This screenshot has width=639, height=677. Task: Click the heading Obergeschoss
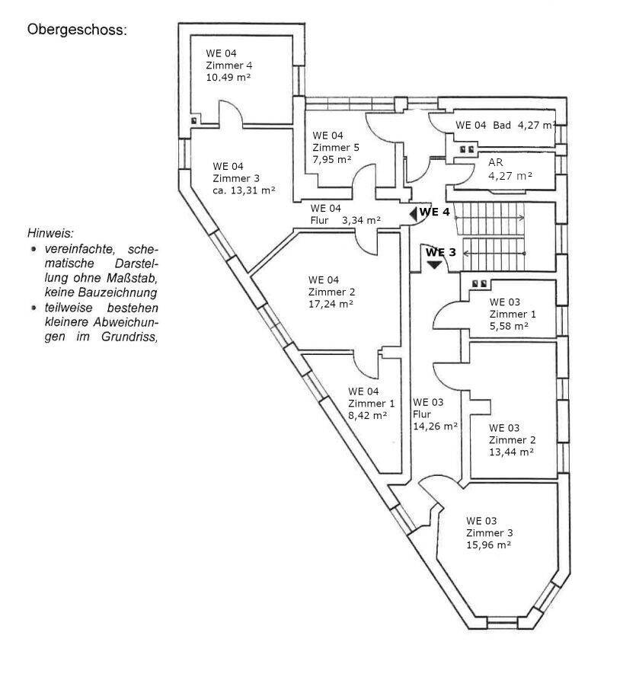(x=76, y=30)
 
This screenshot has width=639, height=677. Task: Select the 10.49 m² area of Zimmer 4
(x=227, y=77)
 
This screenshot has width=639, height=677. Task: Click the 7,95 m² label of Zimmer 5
(x=331, y=158)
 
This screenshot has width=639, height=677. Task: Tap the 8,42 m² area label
(x=368, y=415)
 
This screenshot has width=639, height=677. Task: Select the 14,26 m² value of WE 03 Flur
(x=435, y=426)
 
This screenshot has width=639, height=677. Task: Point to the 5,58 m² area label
(x=509, y=325)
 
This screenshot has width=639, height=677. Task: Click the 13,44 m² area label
(x=511, y=451)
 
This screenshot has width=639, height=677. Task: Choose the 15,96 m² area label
(x=488, y=544)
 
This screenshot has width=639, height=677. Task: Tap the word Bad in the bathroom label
(x=501, y=125)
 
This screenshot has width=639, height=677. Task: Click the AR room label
(x=496, y=162)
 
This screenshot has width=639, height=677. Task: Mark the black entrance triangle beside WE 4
(x=413, y=214)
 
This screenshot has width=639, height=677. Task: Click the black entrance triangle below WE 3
(x=434, y=264)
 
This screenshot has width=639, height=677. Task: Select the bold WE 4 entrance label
(x=436, y=212)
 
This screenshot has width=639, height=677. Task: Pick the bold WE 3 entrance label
(x=441, y=252)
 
